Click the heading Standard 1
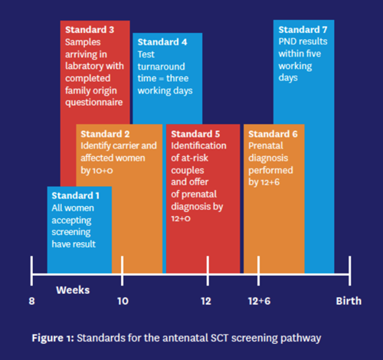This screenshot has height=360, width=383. [75, 195]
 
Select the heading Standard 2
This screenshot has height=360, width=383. [105, 134]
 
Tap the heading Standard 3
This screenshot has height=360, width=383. [90, 30]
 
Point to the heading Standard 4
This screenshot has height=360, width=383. [162, 42]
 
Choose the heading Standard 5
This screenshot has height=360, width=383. [195, 134]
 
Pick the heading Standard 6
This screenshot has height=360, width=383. [273, 134]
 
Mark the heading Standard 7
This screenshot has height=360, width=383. [303, 30]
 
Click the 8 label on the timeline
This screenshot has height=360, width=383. [31, 301]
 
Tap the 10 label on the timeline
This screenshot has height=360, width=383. [123, 301]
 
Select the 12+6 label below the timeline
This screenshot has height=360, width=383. [259, 301]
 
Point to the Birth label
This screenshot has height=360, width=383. [349, 301]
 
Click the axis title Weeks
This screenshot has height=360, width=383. [73, 290]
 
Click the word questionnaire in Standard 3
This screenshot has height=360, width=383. [94, 103]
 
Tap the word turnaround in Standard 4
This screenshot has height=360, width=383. [161, 67]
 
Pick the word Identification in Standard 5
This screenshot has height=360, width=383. [198, 146]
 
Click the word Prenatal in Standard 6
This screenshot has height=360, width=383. [266, 146]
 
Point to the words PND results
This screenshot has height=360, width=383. [303, 41]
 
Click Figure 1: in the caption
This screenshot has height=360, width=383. [53, 338]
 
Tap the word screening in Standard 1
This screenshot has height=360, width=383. [71, 232]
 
